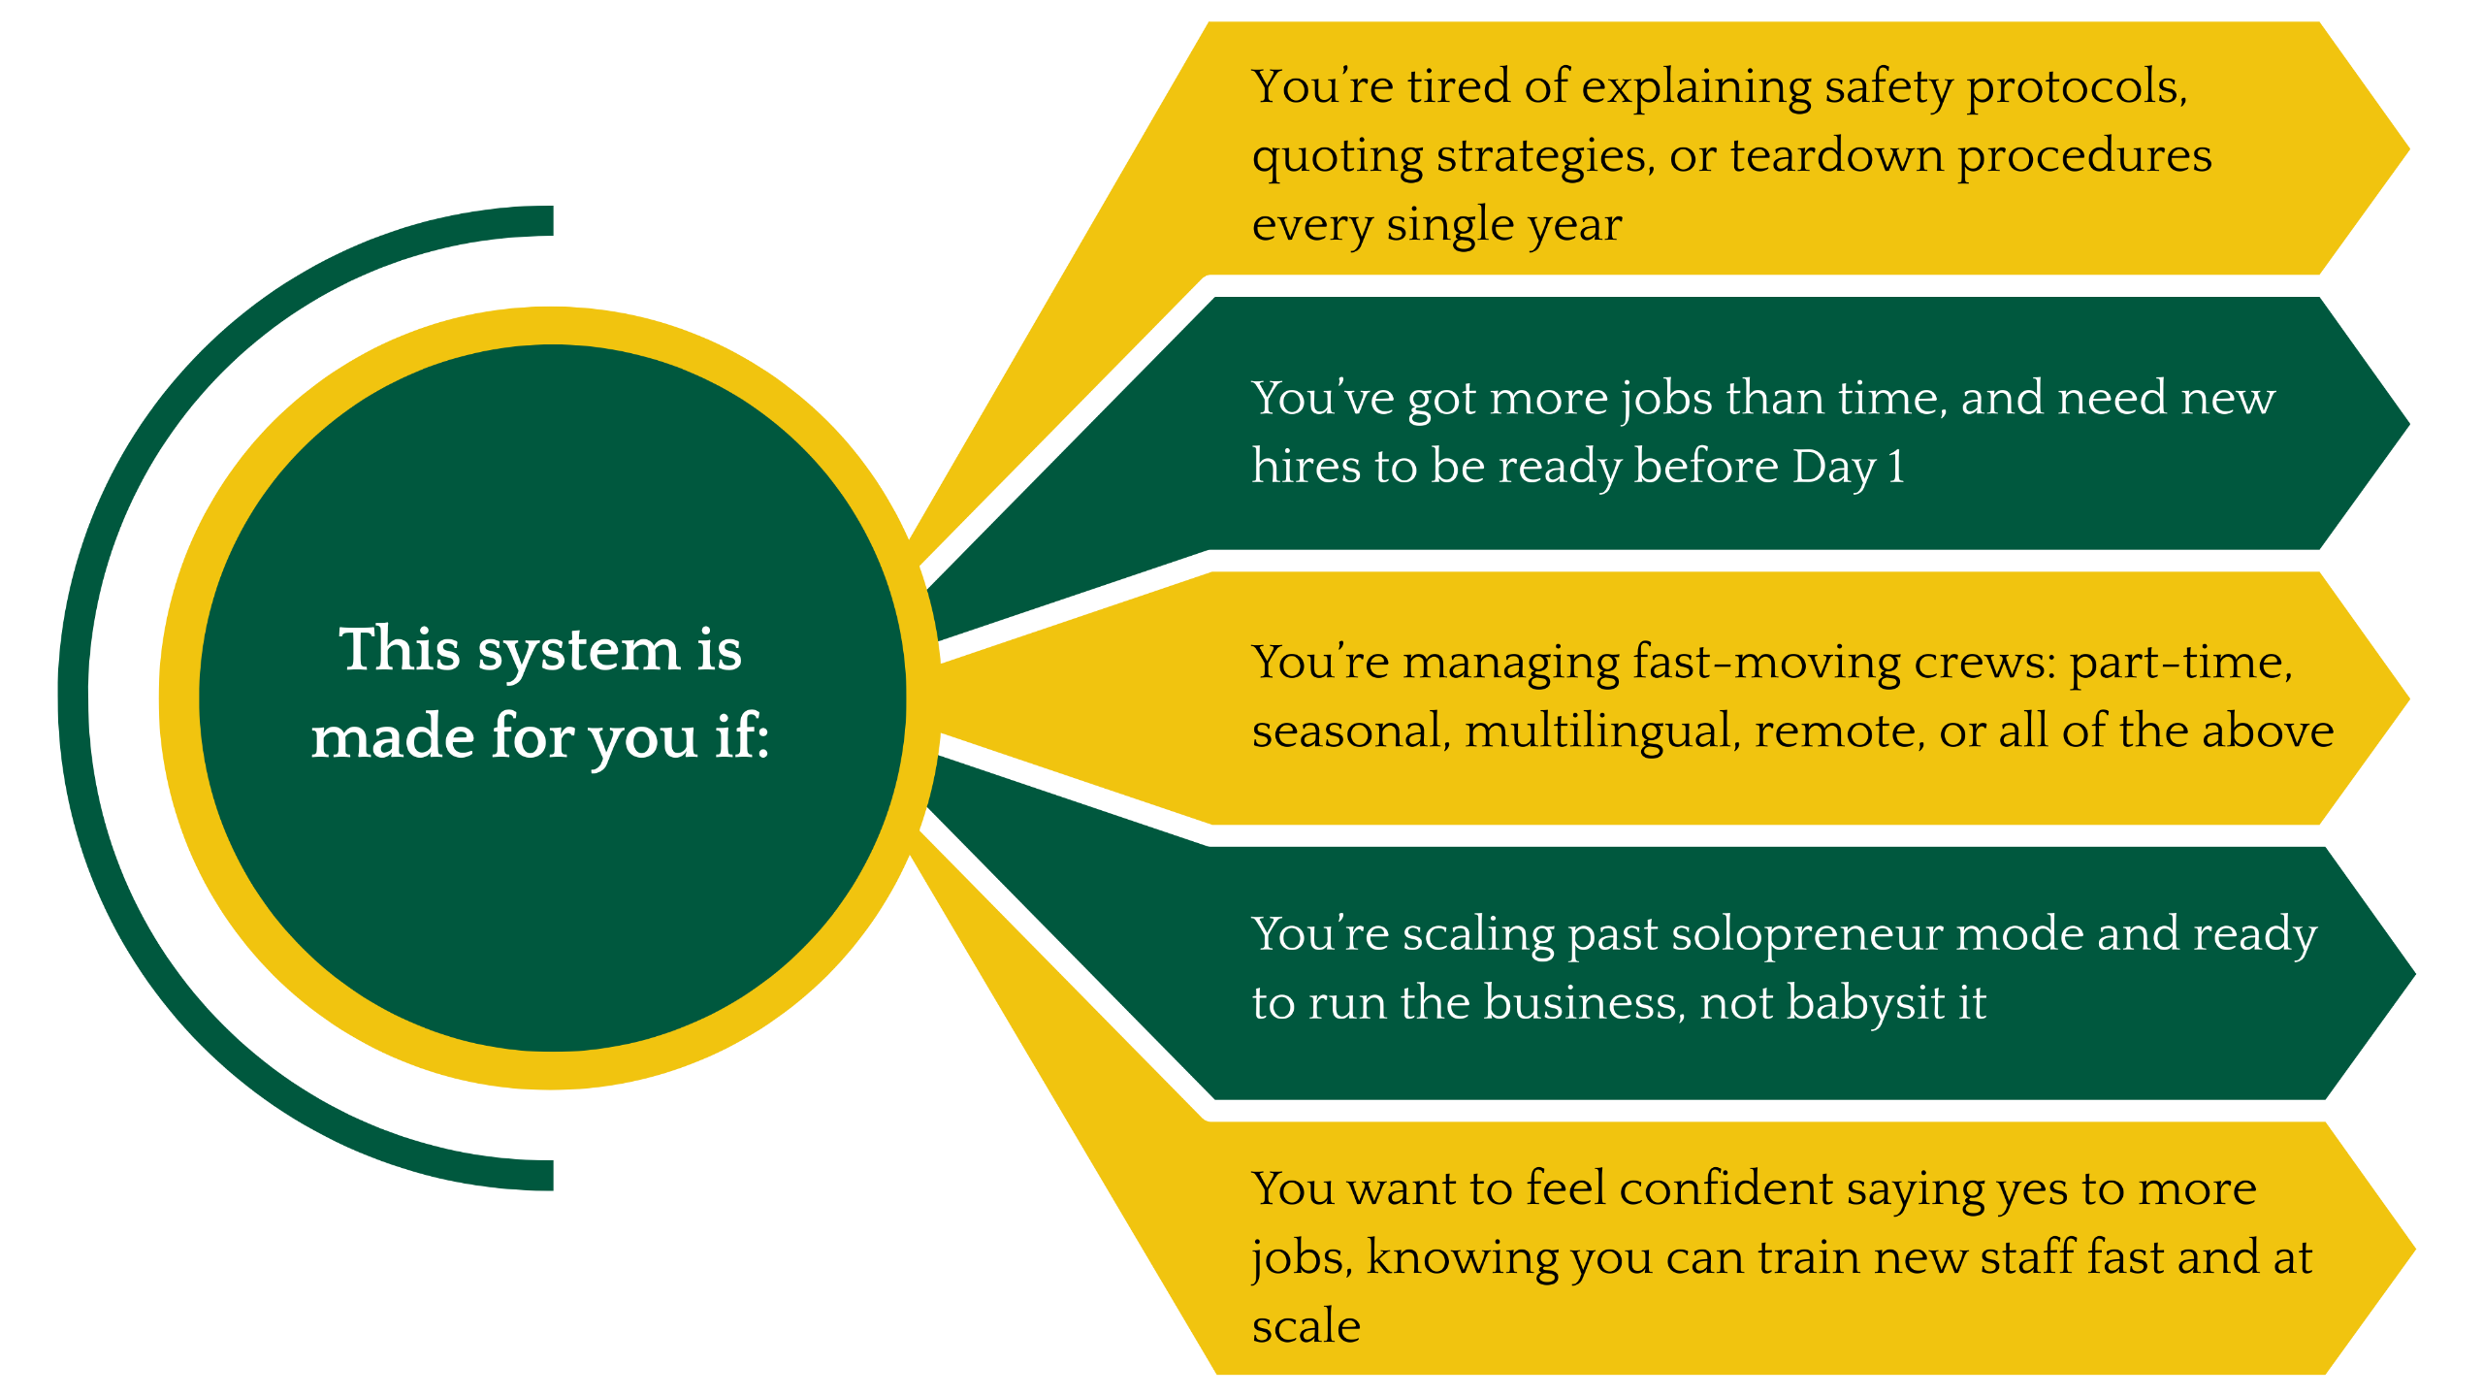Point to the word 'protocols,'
pyautogui.click(x=2078, y=87)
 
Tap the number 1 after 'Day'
pyautogui.click(x=1896, y=467)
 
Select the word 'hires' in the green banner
pyautogui.click(x=1306, y=467)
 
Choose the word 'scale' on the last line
pyautogui.click(x=1306, y=1327)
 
